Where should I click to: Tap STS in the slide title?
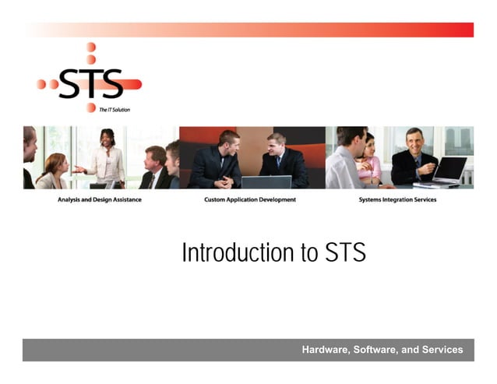coord(342,253)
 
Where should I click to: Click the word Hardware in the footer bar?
coord(325,350)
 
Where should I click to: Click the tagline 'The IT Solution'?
coord(115,110)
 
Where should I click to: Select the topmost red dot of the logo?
coord(91,48)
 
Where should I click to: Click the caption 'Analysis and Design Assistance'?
coord(100,199)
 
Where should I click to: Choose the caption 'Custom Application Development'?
coord(250,199)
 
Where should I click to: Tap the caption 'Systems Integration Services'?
coord(397,199)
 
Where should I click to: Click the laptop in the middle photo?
coord(266,181)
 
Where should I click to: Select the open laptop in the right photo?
coord(449,171)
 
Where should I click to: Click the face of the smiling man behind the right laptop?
coord(413,143)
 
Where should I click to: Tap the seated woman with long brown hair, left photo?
coord(53,171)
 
